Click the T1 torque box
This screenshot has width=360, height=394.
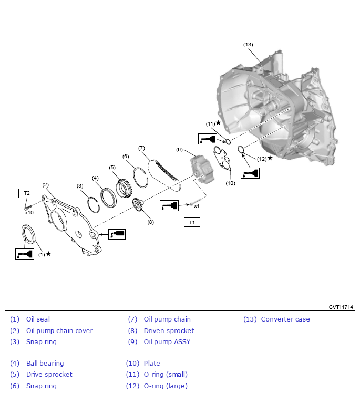[192, 222]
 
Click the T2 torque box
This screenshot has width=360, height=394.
[27, 193]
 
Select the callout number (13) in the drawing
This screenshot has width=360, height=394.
[248, 45]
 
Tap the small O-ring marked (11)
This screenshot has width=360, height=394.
[228, 142]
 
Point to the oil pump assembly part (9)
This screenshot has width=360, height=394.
[202, 169]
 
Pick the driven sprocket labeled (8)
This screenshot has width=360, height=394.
[138, 205]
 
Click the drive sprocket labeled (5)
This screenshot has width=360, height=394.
[123, 188]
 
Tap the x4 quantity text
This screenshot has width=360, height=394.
[197, 206]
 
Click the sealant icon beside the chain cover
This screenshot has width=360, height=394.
[117, 234]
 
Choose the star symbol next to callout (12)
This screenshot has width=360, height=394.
[270, 158]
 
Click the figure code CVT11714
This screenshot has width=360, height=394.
[341, 307]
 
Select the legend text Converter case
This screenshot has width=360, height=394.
[285, 319]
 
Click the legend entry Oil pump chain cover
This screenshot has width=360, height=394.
[59, 330]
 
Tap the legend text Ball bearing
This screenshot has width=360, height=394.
[45, 364]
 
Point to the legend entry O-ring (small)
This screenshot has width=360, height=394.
[166, 375]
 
